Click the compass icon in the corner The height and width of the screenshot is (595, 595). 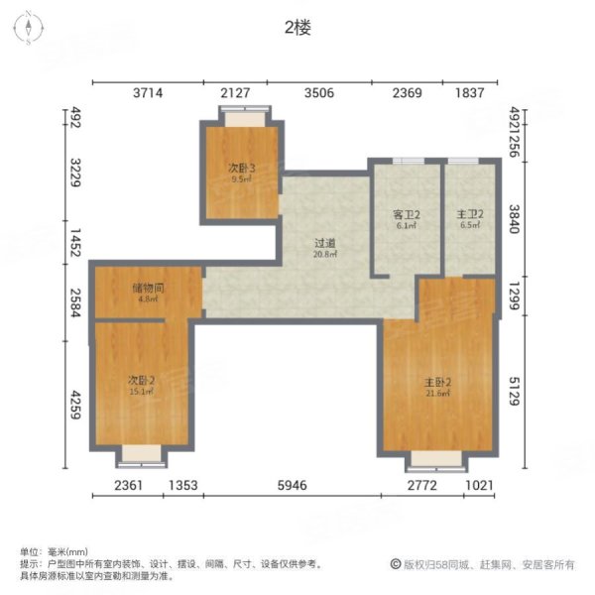click(x=30, y=29)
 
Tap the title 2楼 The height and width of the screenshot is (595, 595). click(x=297, y=29)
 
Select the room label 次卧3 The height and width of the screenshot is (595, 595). click(x=242, y=169)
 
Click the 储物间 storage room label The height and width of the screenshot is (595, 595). click(x=147, y=288)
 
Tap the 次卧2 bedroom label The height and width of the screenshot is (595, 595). click(x=142, y=380)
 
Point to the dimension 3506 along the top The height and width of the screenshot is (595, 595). click(x=319, y=93)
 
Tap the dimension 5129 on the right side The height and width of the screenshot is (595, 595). click(x=515, y=395)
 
